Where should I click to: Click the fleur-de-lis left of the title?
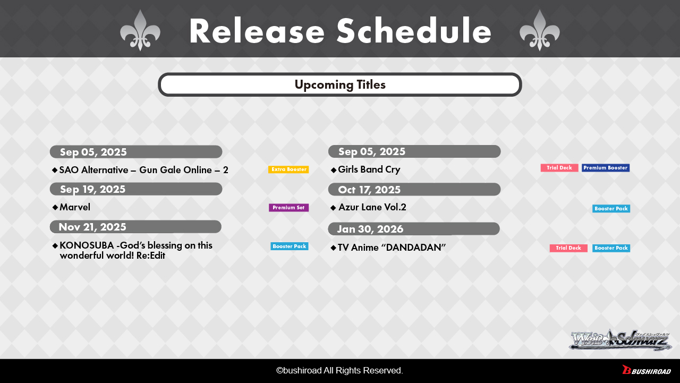(140, 30)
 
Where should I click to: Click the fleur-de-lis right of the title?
(539, 30)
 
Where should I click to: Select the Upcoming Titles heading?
(340, 84)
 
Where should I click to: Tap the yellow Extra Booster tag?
(288, 169)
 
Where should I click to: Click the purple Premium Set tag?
(288, 208)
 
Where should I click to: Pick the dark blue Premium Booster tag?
(606, 168)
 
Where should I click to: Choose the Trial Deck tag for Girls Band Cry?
(559, 168)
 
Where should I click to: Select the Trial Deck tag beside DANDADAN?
(568, 248)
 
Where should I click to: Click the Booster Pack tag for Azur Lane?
(611, 208)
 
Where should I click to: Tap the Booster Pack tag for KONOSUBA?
(290, 246)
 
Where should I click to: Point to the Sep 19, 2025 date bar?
(136, 189)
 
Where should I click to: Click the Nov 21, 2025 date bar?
(135, 227)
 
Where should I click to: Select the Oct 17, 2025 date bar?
(414, 190)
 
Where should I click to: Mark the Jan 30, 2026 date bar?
(414, 229)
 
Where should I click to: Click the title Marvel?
(75, 207)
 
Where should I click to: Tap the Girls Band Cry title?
(369, 169)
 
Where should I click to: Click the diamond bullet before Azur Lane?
(333, 208)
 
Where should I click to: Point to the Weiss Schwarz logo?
(620, 340)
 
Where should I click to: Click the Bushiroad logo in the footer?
(647, 370)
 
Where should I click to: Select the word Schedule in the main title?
(414, 31)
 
